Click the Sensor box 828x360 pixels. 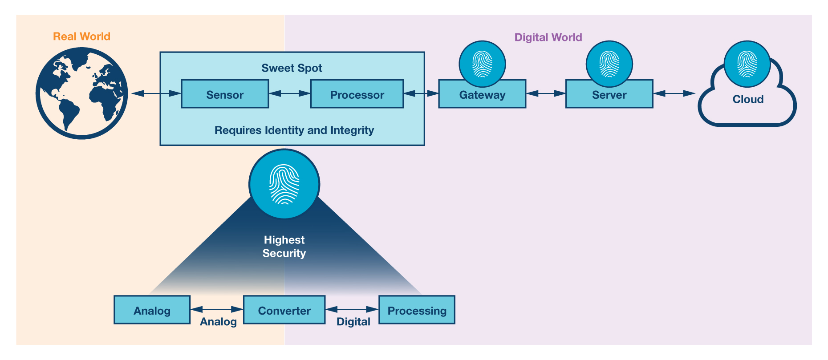coord(225,94)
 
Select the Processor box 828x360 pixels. coord(357,94)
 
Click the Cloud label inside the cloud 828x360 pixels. coord(748,99)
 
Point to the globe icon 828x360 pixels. coord(82,93)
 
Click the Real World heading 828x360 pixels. coord(81,36)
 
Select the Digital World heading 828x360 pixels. coord(548,37)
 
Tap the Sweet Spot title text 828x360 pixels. coord(292,68)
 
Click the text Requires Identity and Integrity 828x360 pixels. coord(294,130)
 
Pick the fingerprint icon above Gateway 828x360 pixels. coord(482,64)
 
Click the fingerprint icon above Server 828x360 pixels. coord(609,64)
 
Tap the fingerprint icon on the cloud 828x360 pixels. coord(747,64)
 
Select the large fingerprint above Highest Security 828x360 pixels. coord(284,184)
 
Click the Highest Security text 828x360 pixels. coord(284,247)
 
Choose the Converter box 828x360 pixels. coord(284,310)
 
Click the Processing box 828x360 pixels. coord(417,310)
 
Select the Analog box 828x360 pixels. coord(152,310)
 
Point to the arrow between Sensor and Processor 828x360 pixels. coord(289,93)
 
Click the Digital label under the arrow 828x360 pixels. coord(353,322)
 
